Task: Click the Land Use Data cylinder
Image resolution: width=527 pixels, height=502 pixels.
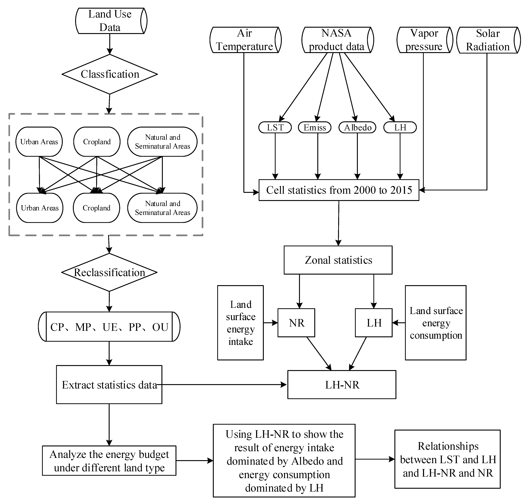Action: point(111,21)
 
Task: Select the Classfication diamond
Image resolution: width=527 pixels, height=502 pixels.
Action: point(110,74)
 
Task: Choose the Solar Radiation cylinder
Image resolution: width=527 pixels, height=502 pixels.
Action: point(488,40)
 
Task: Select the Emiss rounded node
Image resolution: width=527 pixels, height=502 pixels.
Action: point(315,127)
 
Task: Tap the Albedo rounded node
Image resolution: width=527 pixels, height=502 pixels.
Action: point(357,127)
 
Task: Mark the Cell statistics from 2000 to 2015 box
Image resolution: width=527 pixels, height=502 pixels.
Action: point(339,190)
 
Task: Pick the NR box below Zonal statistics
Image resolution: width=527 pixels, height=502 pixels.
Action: point(296,323)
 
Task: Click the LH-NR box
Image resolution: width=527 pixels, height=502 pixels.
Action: point(342,385)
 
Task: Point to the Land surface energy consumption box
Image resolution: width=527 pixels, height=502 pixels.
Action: point(436,323)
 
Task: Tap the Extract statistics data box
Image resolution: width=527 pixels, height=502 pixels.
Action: point(109,385)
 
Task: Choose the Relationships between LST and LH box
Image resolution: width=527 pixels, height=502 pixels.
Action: point(447,459)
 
